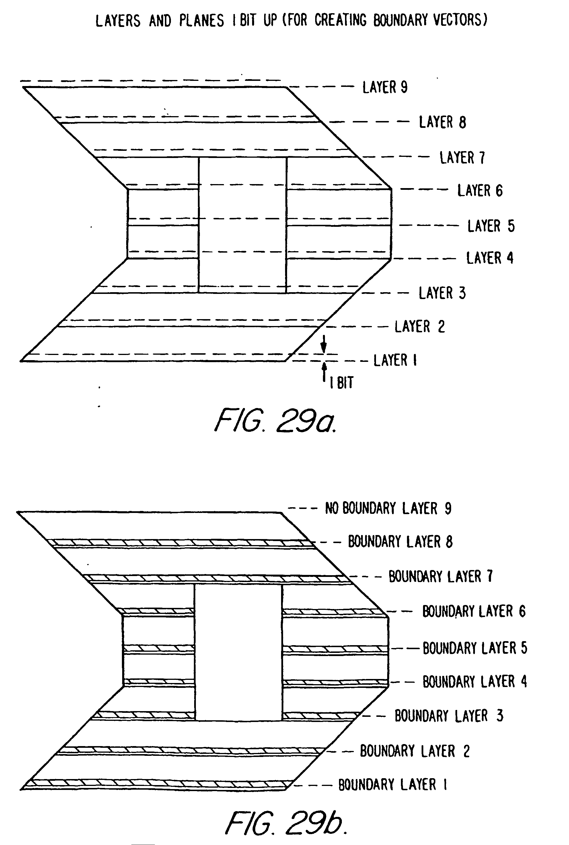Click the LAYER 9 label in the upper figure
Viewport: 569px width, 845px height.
[385, 87]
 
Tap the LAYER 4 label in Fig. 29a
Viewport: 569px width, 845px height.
[490, 258]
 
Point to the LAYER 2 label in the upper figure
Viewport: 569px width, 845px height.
[420, 327]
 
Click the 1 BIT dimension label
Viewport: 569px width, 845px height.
[341, 383]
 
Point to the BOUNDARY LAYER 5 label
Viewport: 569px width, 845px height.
[475, 648]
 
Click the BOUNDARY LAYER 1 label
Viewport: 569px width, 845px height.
[393, 784]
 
